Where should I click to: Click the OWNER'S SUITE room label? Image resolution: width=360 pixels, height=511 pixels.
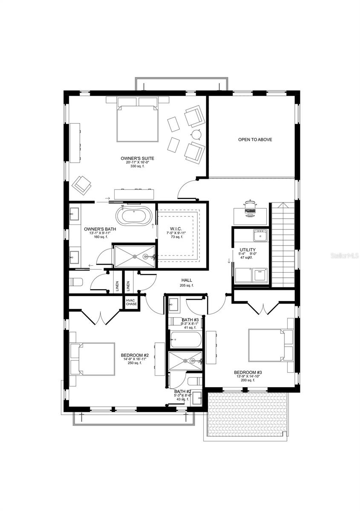point(137,158)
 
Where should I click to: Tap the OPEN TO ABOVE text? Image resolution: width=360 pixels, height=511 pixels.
point(255,140)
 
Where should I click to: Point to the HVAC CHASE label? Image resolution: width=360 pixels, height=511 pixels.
point(131,302)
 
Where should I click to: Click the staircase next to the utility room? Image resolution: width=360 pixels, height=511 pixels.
point(283,245)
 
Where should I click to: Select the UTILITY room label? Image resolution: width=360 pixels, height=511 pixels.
point(248,250)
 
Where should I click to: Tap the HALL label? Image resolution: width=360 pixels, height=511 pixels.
point(187,280)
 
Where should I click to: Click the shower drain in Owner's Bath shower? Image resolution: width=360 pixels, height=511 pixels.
point(135,256)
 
